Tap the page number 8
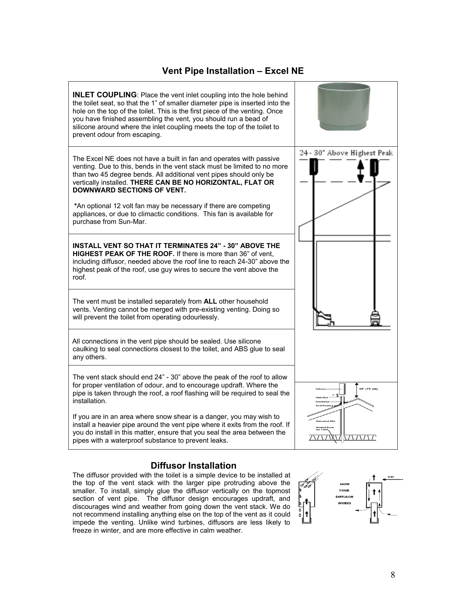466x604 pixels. (393, 575)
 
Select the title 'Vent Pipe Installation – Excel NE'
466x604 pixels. (233, 71)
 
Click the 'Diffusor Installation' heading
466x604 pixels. (193, 466)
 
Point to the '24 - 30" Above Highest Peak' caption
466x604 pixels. (346, 153)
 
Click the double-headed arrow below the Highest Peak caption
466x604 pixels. (361, 172)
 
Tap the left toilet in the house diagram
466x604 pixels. (323, 318)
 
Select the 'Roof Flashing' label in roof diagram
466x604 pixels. (324, 406)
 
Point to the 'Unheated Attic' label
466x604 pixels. (325, 421)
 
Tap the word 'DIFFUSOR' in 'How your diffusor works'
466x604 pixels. (344, 497)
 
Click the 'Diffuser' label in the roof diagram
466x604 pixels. (321, 389)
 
